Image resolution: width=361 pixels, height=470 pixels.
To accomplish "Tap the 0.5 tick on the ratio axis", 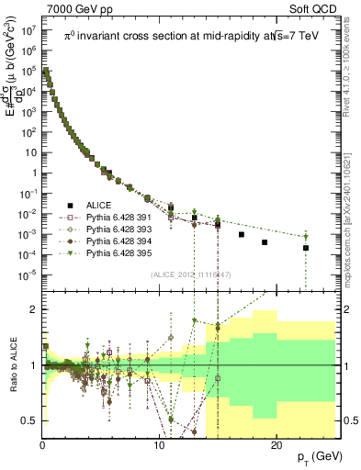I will (29, 421).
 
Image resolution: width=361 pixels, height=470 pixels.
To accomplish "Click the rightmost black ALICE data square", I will (306, 248).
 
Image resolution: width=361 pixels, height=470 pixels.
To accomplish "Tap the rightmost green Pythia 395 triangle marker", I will (306, 238).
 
